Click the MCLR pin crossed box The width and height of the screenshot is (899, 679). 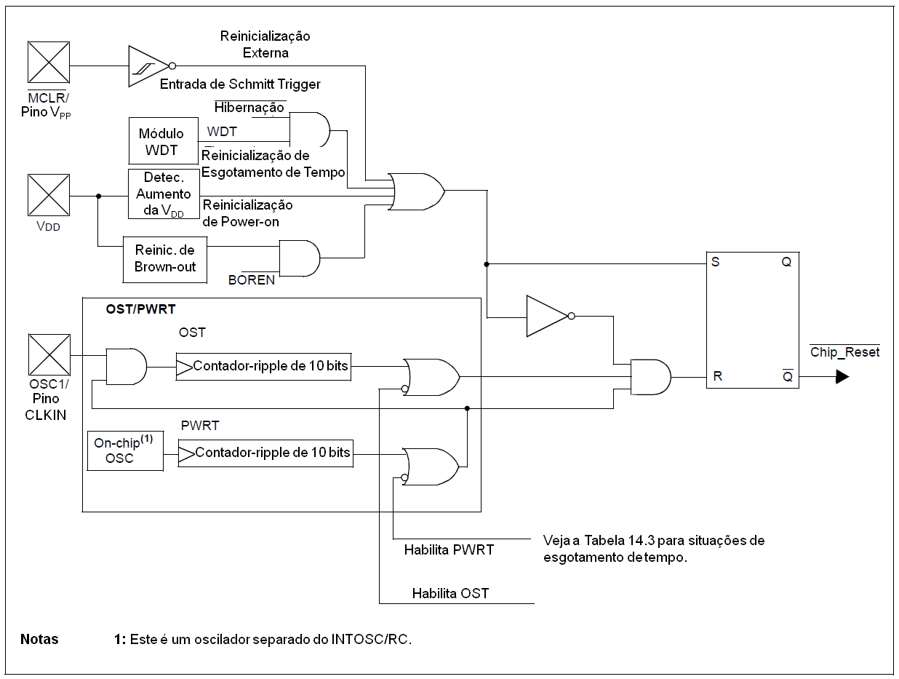pos(49,63)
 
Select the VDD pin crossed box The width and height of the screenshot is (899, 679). pos(49,195)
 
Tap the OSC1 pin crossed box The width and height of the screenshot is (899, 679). pos(49,355)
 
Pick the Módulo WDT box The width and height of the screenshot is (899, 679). pos(163,141)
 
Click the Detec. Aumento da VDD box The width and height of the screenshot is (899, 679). pos(163,194)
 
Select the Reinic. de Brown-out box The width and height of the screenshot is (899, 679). pos(165,258)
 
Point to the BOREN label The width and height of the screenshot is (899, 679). pos(252,279)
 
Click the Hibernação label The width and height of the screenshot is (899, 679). pos(249,108)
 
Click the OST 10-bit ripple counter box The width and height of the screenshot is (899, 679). pos(263,366)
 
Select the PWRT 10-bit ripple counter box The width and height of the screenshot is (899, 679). pos(265,452)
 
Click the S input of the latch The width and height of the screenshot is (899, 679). pos(716,262)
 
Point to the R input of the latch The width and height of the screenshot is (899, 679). pos(717,376)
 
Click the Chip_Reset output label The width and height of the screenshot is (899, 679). pos(844,352)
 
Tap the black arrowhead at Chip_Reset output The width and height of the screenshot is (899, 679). pos(842,377)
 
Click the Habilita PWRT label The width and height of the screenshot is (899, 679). pos(449,549)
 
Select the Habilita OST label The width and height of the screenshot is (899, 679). pos(450,593)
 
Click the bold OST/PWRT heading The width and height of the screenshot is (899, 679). pos(140,309)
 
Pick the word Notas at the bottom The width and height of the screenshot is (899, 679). pos(39,640)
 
